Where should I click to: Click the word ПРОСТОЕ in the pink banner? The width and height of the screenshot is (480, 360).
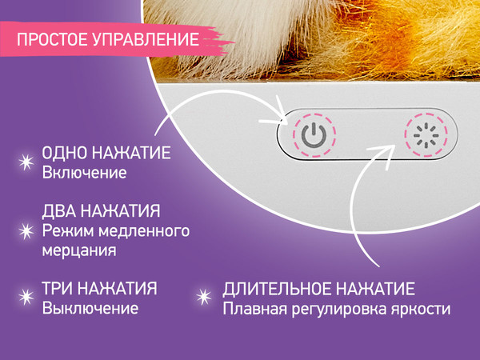pyautogui.click(x=51, y=39)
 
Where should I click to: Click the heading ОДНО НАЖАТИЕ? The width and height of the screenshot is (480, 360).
pyautogui.click(x=106, y=154)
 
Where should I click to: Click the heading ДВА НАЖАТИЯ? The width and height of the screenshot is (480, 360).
pyautogui.click(x=101, y=212)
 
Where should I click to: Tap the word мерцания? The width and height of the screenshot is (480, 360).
pyautogui.click(x=78, y=250)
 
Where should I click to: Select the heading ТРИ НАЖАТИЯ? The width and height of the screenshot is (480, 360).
pyautogui.click(x=99, y=288)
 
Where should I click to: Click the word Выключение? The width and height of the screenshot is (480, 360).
pyautogui.click(x=90, y=308)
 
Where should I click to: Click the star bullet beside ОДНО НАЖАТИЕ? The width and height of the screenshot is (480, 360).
pyautogui.click(x=25, y=162)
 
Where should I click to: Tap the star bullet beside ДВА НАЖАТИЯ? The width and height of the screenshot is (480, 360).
pyautogui.click(x=25, y=230)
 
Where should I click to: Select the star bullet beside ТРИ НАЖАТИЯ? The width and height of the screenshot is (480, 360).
pyautogui.click(x=25, y=298)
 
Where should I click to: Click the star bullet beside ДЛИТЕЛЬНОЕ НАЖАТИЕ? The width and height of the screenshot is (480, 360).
pyautogui.click(x=203, y=298)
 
